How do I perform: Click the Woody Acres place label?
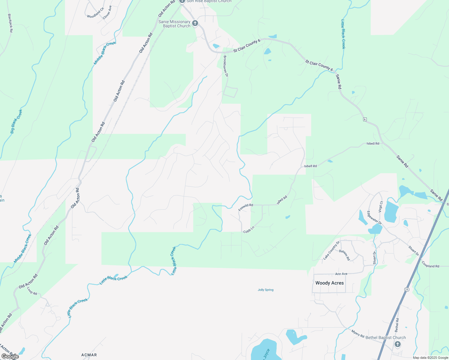pyautogui.click(x=330, y=283)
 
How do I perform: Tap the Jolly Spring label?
pyautogui.click(x=266, y=290)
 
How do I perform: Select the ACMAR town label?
pyautogui.click(x=89, y=355)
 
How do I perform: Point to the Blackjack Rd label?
pyautogui.click(x=10, y=23)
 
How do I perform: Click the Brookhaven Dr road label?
pyautogui.click(x=226, y=66)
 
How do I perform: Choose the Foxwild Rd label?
pyautogui.click(x=246, y=207)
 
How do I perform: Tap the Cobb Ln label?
pyautogui.click(x=249, y=230)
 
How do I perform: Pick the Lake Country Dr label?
pyautogui.click(x=331, y=250)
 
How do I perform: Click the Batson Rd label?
pyautogui.click(x=345, y=255)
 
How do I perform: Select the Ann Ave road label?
pyautogui.click(x=341, y=274)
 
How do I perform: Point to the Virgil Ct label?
pyautogui.click(x=381, y=207)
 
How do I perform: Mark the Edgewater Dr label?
pyautogui.click(x=374, y=218)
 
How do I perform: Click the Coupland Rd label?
pyautogui.click(x=430, y=264)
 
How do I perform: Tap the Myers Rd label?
pyautogui.click(x=358, y=333)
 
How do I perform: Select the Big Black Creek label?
pyautogui.click(x=16, y=121)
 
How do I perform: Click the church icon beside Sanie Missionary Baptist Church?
pyautogui.click(x=195, y=23)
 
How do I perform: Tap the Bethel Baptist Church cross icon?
pyautogui.click(x=398, y=344)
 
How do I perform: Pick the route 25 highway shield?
pyautogui.click(x=407, y=289)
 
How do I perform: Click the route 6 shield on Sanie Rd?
pyautogui.click(x=365, y=119)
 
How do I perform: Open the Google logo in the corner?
pyautogui.click(x=10, y=356)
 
